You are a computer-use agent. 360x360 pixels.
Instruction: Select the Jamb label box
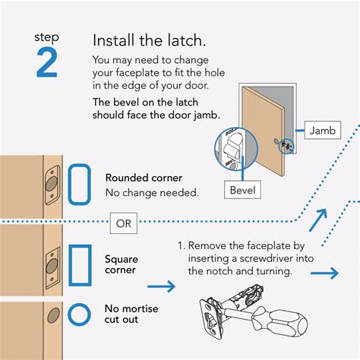coord(323,131)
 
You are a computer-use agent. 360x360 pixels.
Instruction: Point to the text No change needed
coord(152,193)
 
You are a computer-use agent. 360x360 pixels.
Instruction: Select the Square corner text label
coord(122,265)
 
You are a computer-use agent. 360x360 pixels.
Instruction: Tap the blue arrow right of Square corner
coord(160,286)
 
